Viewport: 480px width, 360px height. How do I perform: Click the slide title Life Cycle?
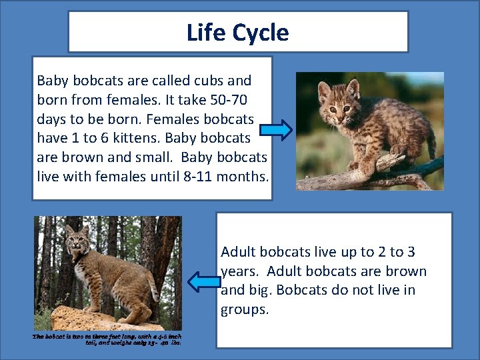238,32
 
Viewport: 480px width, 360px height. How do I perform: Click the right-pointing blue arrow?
275,130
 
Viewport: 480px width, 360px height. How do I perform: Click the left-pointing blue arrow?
203,281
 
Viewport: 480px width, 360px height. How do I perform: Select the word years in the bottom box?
238,271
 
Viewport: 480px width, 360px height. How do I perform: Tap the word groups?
245,310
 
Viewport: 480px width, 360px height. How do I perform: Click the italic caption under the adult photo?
107,339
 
